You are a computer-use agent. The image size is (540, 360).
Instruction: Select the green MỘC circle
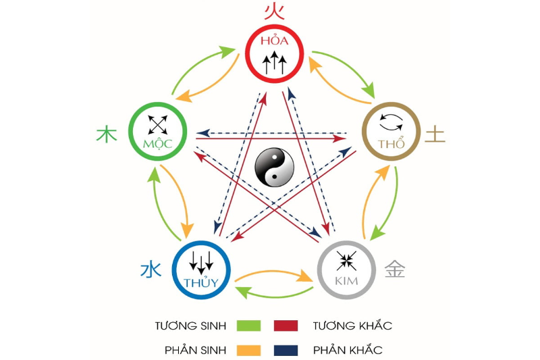pos(158,130)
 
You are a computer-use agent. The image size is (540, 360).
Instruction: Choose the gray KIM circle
pos(346,269)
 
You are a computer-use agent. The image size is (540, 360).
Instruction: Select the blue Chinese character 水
pos(151,270)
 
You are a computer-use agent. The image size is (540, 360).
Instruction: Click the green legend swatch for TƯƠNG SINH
pos(248,326)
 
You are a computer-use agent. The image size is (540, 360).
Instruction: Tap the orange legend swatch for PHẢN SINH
pos(248,350)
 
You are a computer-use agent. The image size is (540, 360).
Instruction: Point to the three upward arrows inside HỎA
pos(274,64)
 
